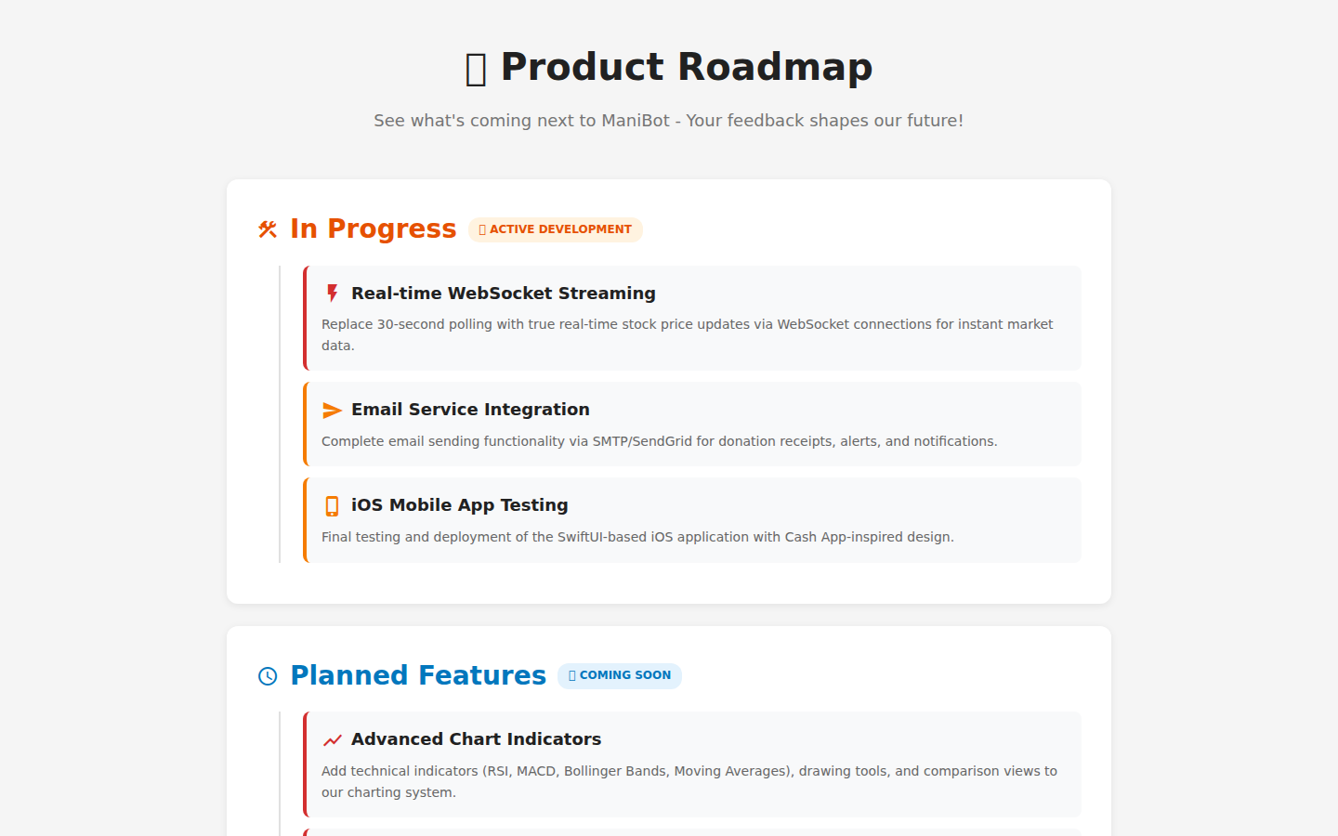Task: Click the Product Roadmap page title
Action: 686,68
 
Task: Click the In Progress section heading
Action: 373,229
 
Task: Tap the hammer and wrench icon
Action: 268,229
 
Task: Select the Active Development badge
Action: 556,229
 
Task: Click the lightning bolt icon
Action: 332,294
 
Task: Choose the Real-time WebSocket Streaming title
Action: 503,294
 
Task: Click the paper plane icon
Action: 332,411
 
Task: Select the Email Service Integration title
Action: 470,410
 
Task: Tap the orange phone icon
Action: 332,506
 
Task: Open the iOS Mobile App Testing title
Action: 459,505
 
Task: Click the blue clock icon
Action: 268,676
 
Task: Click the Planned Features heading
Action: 418,675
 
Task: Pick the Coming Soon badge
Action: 620,675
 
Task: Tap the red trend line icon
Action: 332,740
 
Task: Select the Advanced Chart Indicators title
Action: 476,739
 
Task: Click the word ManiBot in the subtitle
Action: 636,121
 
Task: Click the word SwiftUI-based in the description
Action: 601,537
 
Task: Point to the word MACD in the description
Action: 536,771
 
